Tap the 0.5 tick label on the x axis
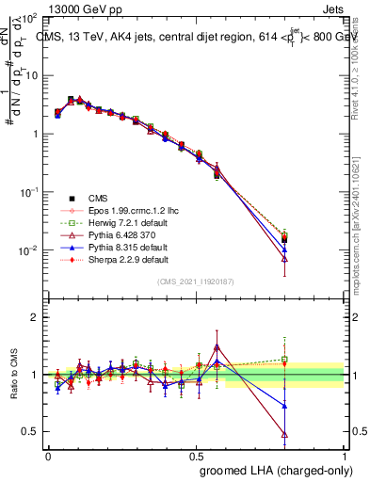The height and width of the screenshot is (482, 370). click(x=197, y=456)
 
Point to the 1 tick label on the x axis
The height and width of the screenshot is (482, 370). click(x=345, y=456)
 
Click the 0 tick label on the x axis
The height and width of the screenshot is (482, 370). click(x=48, y=456)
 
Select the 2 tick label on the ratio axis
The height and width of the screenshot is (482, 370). click(x=34, y=317)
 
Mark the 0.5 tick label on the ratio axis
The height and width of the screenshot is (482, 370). click(x=31, y=431)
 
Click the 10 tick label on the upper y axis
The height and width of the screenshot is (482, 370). click(x=30, y=75)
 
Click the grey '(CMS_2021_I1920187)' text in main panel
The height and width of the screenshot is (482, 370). click(x=196, y=281)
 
